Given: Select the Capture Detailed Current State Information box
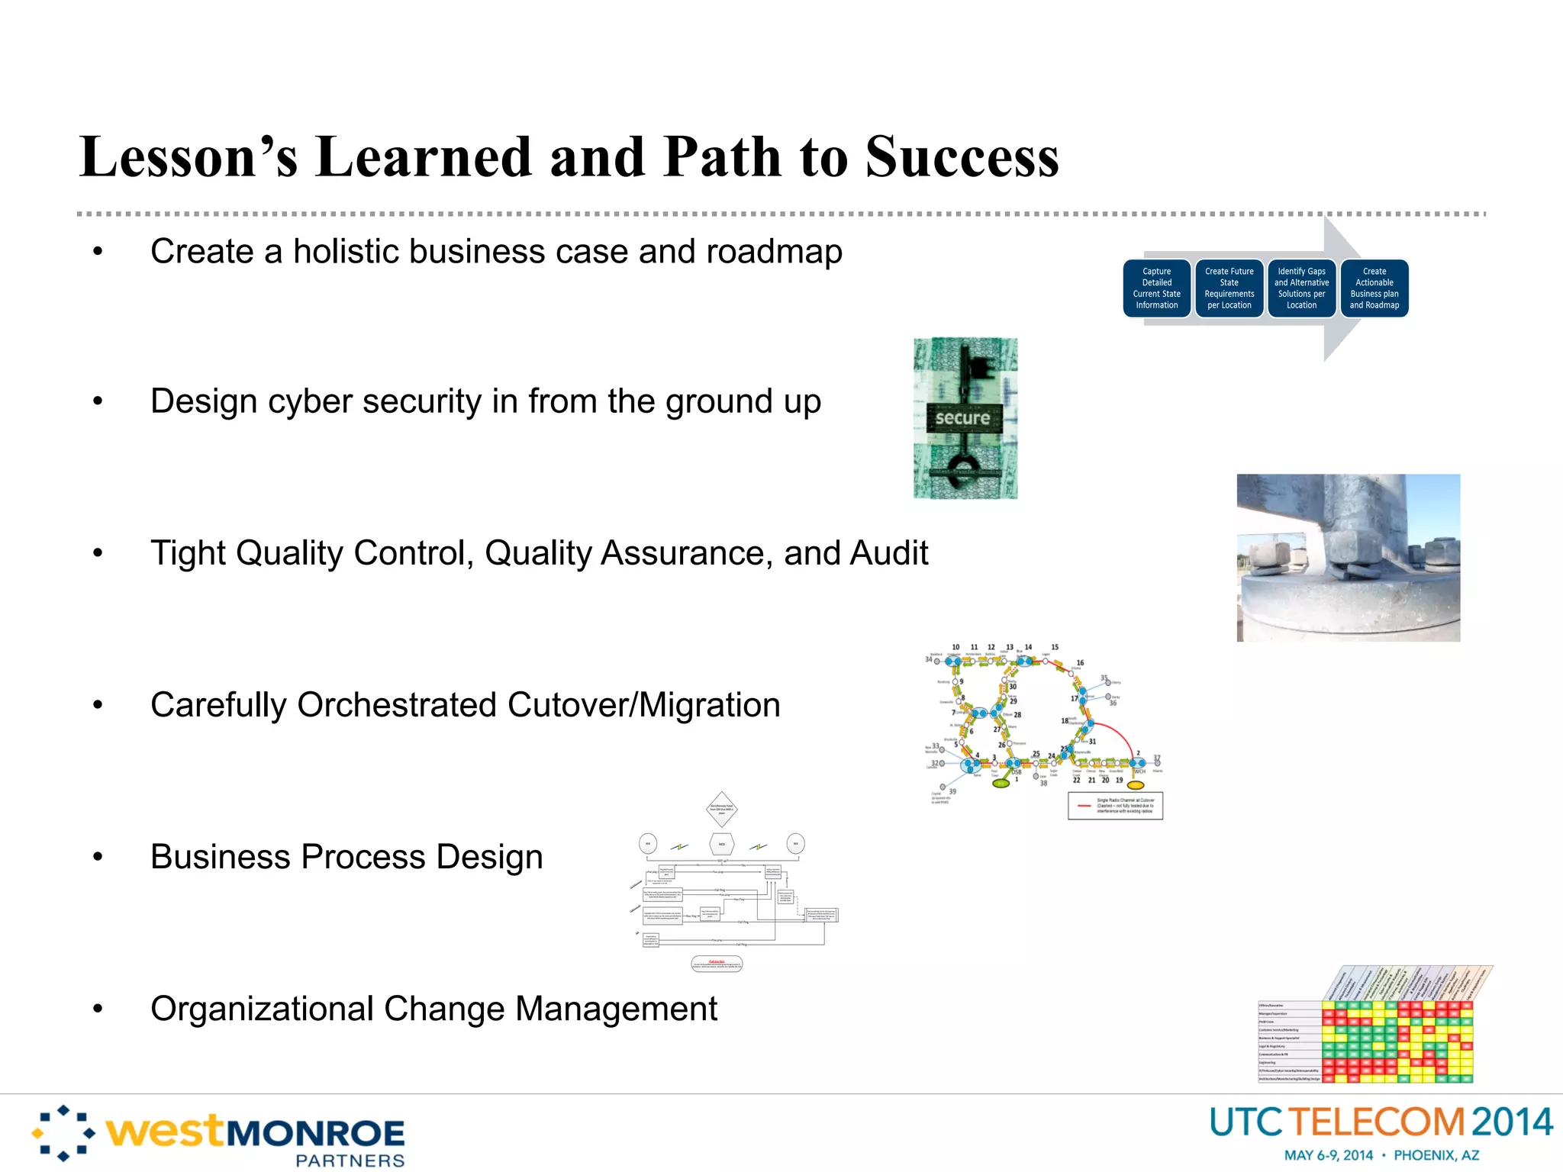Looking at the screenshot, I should click(1156, 288).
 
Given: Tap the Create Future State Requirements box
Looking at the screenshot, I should click(1229, 288).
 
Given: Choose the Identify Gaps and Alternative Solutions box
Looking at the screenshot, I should click(1301, 288).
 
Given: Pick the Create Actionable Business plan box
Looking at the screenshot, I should click(1374, 288).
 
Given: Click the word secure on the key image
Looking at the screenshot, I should click(962, 418).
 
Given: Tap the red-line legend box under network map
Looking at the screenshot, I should click(1115, 806).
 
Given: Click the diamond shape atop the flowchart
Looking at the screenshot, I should click(721, 809).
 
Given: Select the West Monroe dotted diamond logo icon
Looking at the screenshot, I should click(63, 1133).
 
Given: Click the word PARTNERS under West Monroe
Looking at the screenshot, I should click(350, 1161).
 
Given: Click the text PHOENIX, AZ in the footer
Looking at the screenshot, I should click(1436, 1155).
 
